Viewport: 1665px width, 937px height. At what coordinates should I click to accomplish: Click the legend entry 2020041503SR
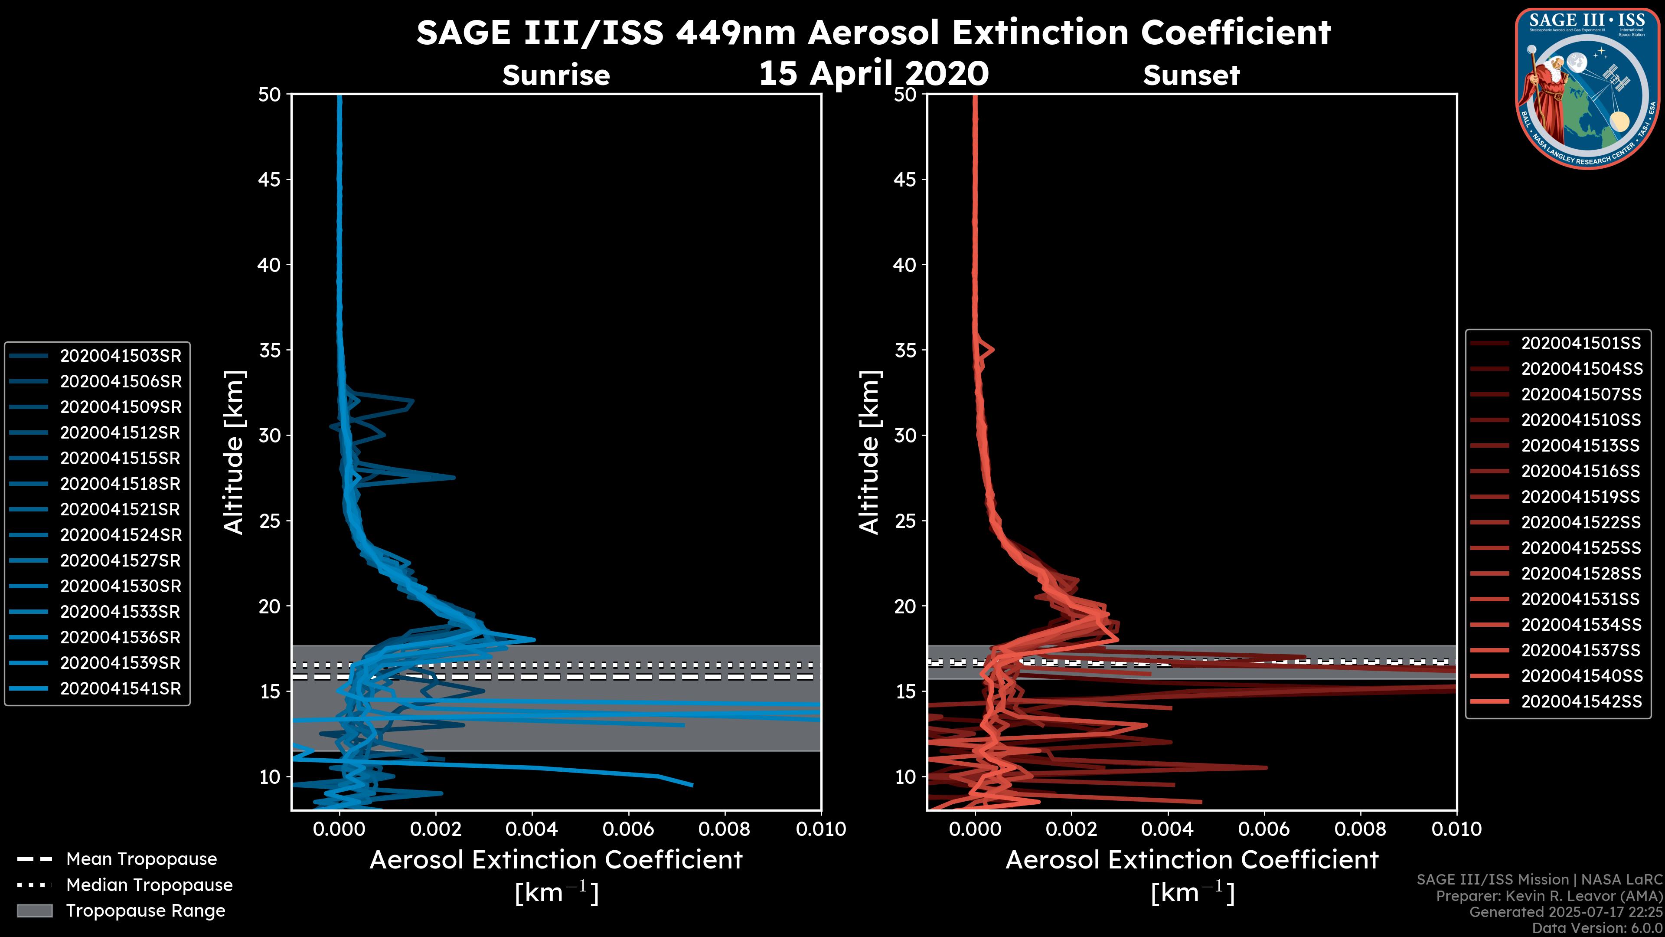tap(120, 356)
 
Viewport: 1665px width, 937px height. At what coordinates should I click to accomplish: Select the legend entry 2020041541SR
tap(120, 689)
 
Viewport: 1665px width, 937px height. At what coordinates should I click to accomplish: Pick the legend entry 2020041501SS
tap(1581, 344)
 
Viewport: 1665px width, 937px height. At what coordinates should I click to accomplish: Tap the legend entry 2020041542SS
tap(1581, 701)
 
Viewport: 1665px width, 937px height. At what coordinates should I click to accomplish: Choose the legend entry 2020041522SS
tap(1581, 522)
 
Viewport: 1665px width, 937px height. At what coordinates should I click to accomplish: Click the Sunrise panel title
tap(556, 75)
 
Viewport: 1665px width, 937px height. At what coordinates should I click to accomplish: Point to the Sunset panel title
tap(1191, 75)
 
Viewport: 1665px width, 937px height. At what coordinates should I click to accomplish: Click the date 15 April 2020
tap(873, 73)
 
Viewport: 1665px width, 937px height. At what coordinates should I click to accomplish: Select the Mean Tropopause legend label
tap(141, 859)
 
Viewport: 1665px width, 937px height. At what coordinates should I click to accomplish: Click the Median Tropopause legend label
tap(149, 885)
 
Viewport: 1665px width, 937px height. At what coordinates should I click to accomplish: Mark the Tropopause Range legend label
tap(145, 911)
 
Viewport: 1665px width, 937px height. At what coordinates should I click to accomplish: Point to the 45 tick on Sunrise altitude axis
tap(270, 180)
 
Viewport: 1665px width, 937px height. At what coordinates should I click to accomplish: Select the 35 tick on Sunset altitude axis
tap(905, 351)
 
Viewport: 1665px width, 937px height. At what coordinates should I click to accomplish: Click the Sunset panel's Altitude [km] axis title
tap(869, 452)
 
